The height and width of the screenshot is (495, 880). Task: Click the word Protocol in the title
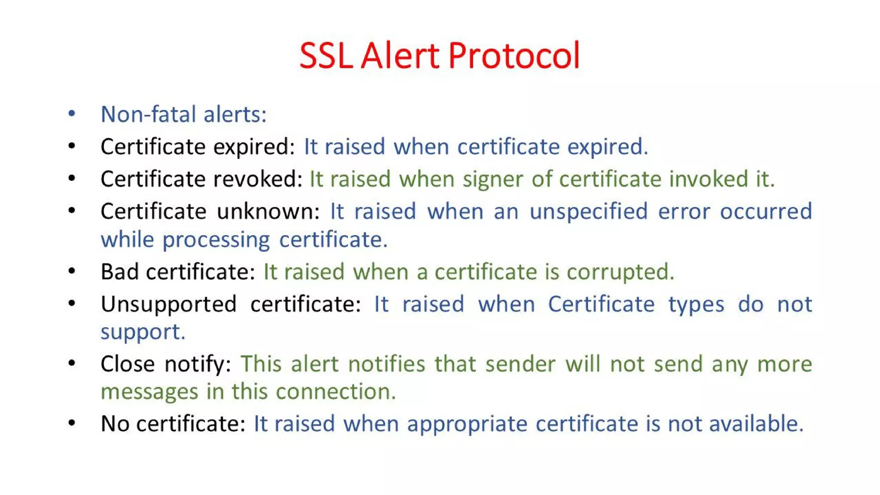pos(514,56)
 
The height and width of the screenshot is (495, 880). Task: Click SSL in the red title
pos(326,56)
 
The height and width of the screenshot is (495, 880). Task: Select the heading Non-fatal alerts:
pos(183,114)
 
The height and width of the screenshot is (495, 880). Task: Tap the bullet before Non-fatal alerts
pos(72,114)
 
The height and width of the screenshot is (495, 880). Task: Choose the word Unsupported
pos(168,305)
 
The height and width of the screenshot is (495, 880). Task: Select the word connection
pos(336,391)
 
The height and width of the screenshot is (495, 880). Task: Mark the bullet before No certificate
pos(72,423)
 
